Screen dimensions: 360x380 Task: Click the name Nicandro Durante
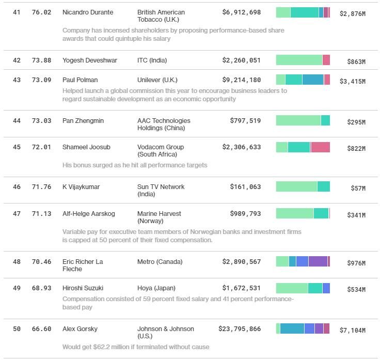point(87,12)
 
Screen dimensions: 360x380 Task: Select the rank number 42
point(17,60)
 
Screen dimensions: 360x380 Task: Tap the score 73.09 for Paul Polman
point(41,80)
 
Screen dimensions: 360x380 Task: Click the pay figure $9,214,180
point(241,80)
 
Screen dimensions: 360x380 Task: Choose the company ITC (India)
point(152,60)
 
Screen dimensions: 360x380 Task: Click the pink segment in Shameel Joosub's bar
point(320,147)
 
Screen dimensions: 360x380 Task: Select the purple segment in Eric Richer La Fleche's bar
point(318,261)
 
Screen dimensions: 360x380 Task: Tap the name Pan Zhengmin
point(83,121)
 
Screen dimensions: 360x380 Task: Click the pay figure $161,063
point(245,187)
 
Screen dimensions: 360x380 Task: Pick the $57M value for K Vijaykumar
point(358,189)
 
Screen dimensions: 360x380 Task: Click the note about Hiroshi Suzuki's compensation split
point(178,303)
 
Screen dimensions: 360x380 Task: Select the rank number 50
point(17,329)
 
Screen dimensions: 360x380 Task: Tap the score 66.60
point(41,329)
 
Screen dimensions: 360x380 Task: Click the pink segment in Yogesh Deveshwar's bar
point(326,60)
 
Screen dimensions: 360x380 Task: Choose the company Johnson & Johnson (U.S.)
point(165,332)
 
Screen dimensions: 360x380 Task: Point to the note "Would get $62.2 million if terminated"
point(136,347)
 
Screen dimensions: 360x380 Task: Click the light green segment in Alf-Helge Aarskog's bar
point(294,213)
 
